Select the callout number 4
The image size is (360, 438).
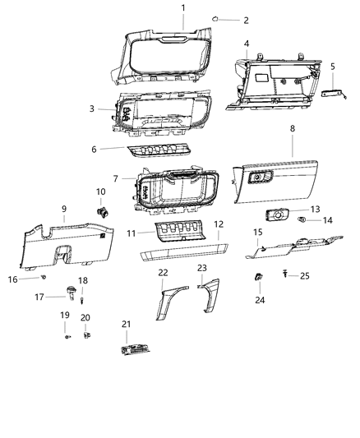[x=247, y=43]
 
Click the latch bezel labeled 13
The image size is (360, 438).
[x=278, y=216]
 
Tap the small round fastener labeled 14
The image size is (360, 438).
[x=302, y=221]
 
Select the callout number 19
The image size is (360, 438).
[x=65, y=316]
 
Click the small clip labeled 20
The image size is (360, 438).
[x=86, y=335]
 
